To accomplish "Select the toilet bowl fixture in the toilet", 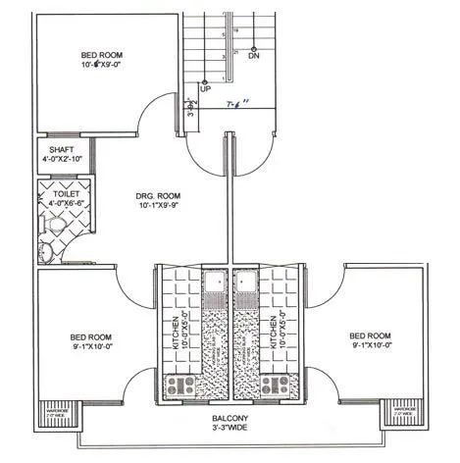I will [x=56, y=227].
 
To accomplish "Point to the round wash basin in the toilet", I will [x=44, y=251].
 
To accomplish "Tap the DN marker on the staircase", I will [x=254, y=56].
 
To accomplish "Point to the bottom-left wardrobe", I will [x=51, y=415].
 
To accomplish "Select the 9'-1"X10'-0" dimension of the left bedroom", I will [x=78, y=345].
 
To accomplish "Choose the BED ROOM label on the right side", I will [x=371, y=334].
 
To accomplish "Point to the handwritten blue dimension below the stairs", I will [x=237, y=102].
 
